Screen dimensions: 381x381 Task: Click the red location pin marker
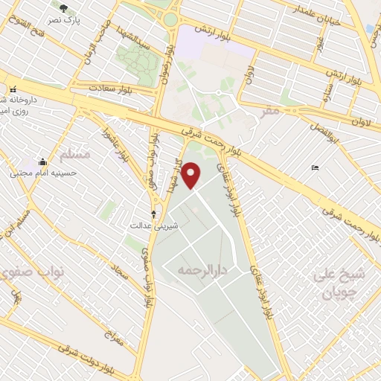[x=192, y=175]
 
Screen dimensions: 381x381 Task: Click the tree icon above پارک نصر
[x=63, y=7]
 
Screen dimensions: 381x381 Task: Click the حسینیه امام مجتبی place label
[x=37, y=172]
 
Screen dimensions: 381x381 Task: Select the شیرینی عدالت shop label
[x=147, y=224]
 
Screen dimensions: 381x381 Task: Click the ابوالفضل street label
[x=326, y=128]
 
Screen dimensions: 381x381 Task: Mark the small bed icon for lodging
[x=315, y=167]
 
